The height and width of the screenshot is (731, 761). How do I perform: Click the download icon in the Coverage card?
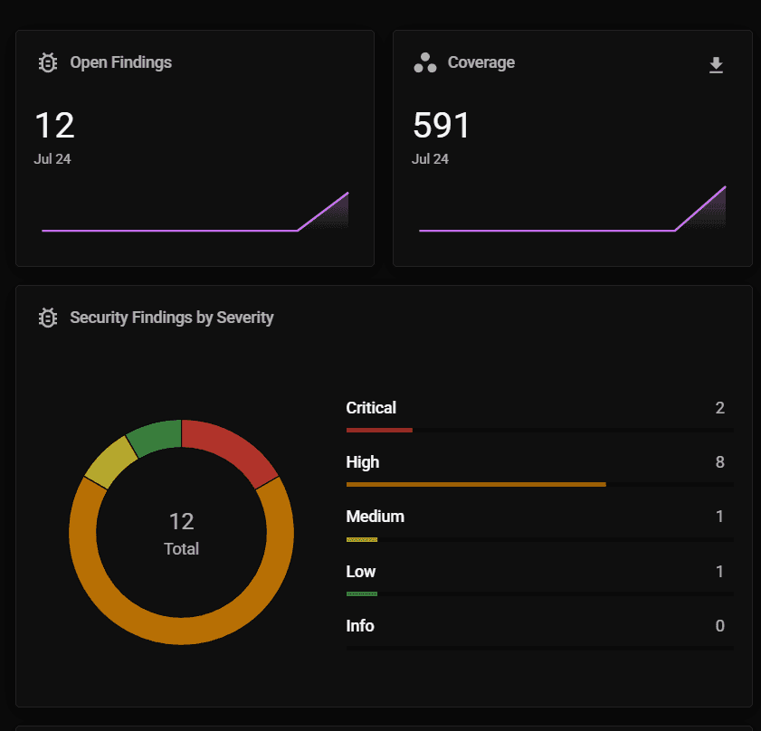coord(716,65)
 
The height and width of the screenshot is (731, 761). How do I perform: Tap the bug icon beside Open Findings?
coord(48,62)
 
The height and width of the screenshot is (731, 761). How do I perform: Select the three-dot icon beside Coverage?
coord(425,62)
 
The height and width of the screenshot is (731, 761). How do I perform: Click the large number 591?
coord(442,126)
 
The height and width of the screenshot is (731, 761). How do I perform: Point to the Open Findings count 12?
coord(54,126)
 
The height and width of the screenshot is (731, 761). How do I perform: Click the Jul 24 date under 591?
coord(430,159)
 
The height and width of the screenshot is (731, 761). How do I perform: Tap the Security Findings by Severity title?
coord(171,318)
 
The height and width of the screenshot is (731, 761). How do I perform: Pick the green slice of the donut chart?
coord(155,437)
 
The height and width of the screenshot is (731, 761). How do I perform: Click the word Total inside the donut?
coord(181,549)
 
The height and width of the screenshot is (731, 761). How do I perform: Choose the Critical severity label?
coord(371,408)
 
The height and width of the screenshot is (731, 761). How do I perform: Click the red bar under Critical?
coord(379,430)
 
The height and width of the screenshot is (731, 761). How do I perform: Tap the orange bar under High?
coord(476,485)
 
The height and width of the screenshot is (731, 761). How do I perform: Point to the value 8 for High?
coord(720,462)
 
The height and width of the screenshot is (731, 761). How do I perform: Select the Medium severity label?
coord(375,517)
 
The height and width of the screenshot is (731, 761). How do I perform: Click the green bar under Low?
coord(362,593)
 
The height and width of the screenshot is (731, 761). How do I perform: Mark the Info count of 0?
coord(720,626)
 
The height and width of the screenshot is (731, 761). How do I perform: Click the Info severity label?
coord(360,626)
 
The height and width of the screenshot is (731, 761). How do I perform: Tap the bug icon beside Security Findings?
coord(48,318)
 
